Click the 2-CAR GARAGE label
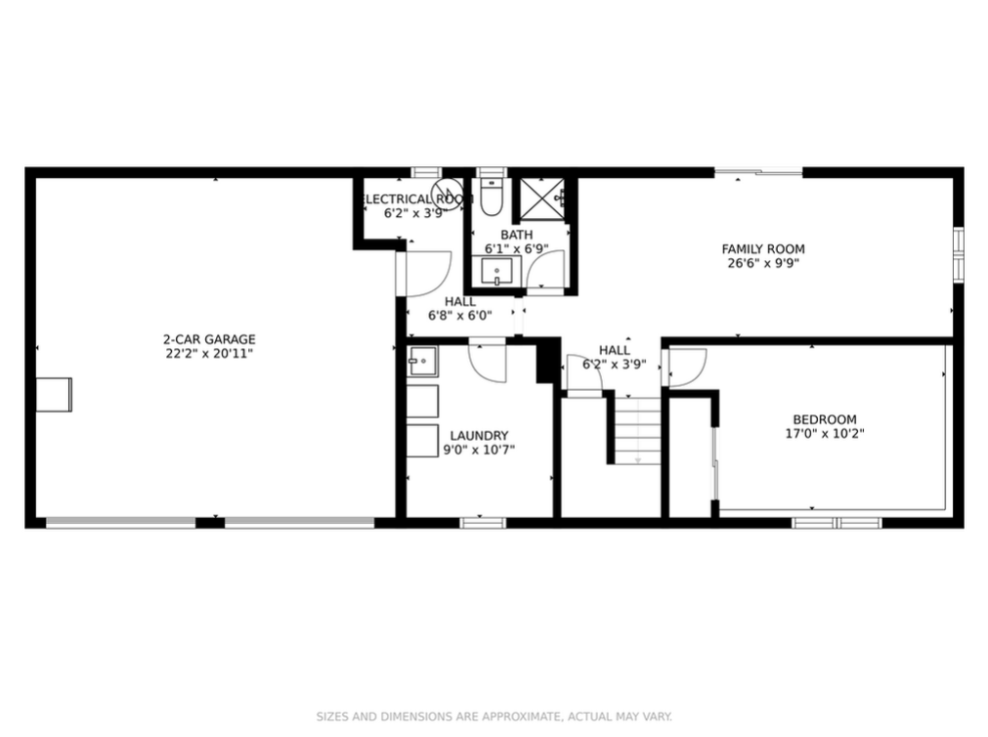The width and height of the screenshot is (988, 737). pos(209,339)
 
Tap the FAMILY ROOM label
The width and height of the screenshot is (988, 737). pos(763,249)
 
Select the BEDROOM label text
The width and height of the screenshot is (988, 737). pos(824,419)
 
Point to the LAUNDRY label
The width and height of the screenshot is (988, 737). pos(479,436)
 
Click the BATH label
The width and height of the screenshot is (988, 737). pos(517,236)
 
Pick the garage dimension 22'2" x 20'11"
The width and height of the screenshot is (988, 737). pos(209,354)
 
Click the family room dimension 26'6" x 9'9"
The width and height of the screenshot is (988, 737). pos(763,264)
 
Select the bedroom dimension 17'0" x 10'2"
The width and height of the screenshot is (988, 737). pos(824,434)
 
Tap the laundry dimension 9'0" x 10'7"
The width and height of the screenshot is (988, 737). pos(479,451)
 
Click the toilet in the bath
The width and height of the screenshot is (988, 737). pos(491,196)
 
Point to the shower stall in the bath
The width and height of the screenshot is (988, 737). pos(541,200)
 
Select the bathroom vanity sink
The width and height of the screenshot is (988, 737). pos(496,272)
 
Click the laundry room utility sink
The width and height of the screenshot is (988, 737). pos(422,362)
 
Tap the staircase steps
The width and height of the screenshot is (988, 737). pos(638,431)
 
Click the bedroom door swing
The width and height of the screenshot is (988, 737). pos(687,368)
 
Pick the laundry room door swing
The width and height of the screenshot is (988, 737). pos(487,364)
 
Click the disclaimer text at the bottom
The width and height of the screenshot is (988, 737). pos(494,716)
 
